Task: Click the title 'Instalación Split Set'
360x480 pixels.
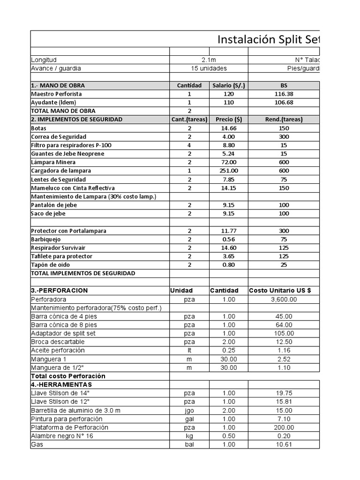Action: coord(268,40)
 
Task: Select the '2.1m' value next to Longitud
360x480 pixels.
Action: coord(209,60)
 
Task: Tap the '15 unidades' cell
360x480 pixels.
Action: coord(209,68)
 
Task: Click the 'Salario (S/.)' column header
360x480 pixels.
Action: coord(228,85)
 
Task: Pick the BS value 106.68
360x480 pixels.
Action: coord(284,102)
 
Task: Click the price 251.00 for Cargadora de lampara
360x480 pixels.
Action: coord(228,171)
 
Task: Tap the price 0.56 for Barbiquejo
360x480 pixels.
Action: coord(228,239)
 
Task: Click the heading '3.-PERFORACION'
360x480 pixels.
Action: coord(59,291)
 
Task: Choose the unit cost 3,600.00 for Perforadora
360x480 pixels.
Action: coord(284,299)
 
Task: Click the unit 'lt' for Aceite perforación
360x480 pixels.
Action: coord(189,350)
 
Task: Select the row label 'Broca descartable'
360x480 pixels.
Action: coord(58,342)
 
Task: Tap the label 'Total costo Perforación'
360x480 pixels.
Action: coord(68,376)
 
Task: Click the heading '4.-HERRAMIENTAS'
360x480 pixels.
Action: coord(61,384)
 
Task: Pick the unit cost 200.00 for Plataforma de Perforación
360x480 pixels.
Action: coord(284,427)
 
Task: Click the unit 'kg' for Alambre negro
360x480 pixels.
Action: coord(189,435)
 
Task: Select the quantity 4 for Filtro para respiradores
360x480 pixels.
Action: coord(189,145)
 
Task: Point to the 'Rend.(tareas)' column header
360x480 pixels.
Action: coord(284,120)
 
